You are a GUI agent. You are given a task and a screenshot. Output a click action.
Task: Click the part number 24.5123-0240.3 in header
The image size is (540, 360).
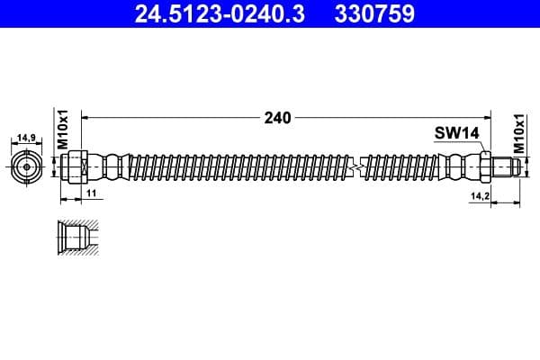point(220,13)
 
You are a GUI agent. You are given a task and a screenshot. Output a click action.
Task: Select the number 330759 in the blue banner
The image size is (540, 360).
point(374,13)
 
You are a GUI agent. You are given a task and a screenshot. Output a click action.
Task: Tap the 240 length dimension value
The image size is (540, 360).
point(277,118)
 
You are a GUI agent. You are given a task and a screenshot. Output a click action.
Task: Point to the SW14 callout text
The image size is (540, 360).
point(456,133)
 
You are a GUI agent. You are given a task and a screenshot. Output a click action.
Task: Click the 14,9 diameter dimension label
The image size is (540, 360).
point(26,138)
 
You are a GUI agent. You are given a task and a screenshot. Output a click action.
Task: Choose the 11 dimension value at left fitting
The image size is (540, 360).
point(91,193)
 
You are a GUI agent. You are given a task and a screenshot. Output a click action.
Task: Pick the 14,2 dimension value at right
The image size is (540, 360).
point(480,196)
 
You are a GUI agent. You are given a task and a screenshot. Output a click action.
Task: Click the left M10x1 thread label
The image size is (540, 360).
point(63,130)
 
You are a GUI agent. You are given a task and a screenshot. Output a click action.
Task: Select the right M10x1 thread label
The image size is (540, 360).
point(519,134)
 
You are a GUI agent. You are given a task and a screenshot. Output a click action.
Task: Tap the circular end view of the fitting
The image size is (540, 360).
point(26,167)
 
